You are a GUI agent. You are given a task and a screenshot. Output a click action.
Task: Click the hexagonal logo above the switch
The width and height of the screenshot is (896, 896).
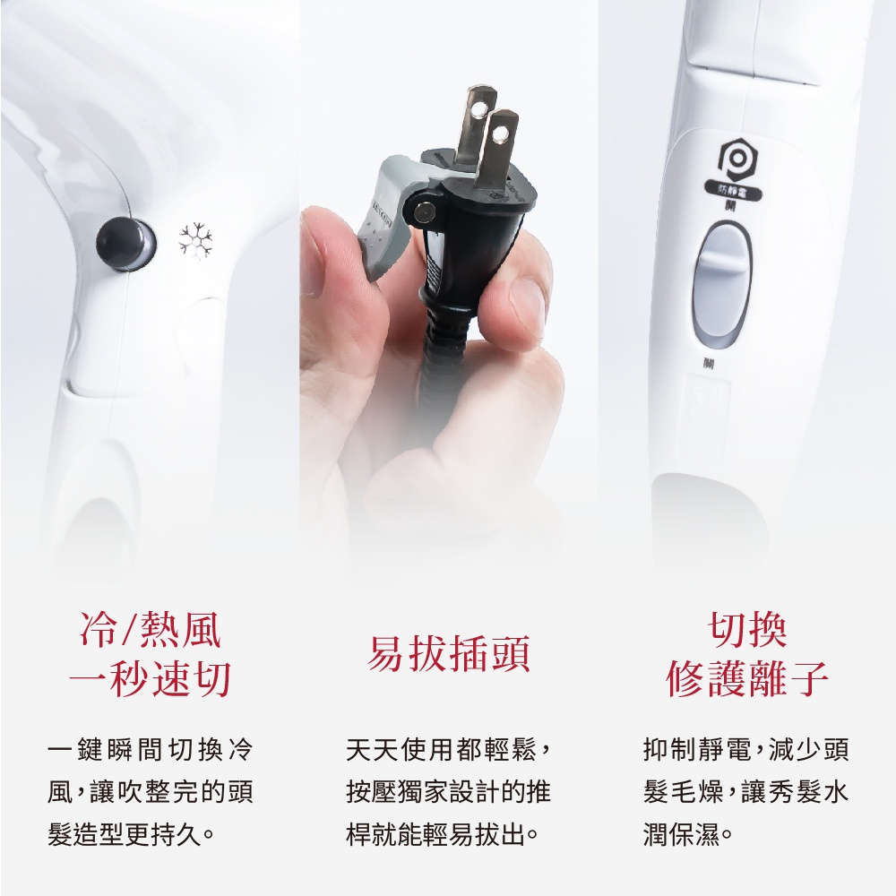tap(736, 159)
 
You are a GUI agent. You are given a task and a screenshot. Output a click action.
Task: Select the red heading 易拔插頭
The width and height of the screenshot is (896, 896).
tap(448, 654)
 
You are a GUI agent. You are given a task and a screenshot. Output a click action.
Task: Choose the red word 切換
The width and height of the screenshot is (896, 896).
tap(747, 631)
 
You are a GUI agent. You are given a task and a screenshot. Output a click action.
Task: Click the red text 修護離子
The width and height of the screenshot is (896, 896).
tap(747, 680)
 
